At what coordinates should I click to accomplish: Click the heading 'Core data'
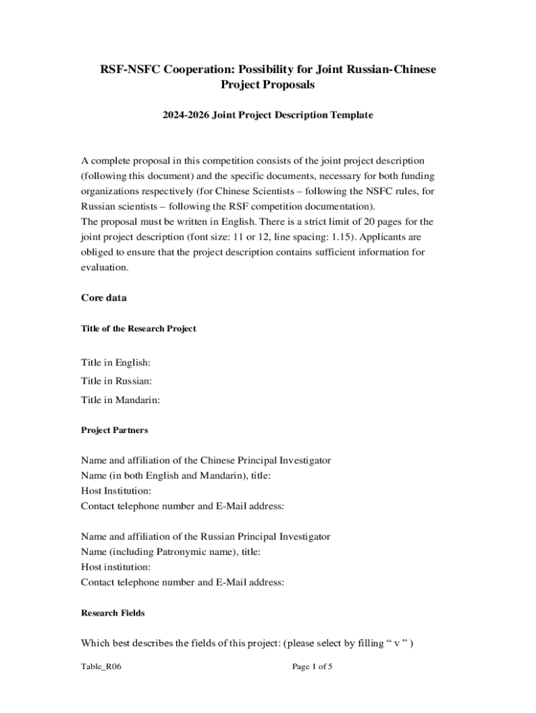(104, 298)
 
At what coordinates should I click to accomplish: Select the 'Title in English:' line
(116, 363)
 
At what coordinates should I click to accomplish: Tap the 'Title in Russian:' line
(116, 381)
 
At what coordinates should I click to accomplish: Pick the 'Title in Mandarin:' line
(120, 400)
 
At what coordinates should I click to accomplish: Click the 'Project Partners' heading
(114, 430)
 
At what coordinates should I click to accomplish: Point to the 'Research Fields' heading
(113, 613)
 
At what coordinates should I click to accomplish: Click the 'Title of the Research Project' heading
(139, 329)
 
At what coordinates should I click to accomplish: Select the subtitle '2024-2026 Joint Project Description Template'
(268, 115)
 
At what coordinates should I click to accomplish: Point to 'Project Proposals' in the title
(268, 85)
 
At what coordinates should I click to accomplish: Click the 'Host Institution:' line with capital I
(116, 491)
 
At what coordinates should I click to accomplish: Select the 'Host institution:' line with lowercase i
(116, 567)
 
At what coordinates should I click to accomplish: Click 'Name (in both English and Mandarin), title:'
(176, 476)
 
